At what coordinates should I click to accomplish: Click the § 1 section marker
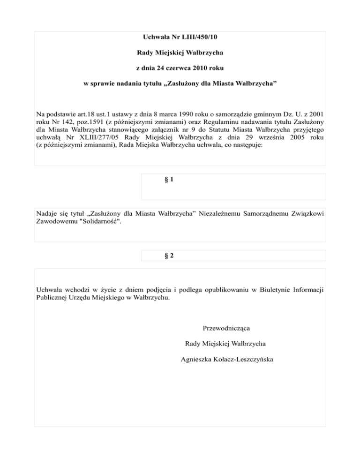(170, 180)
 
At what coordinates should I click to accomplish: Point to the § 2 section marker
(170, 256)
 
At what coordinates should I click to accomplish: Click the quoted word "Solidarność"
(101, 221)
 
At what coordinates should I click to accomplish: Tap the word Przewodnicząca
(226, 327)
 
